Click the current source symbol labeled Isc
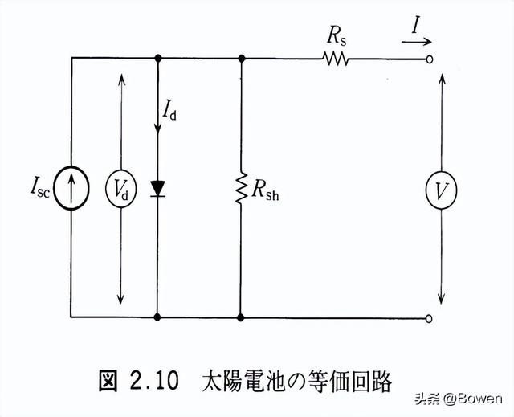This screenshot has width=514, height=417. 72,190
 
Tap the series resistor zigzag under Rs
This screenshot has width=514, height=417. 336,58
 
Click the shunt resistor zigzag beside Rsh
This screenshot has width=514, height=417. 241,190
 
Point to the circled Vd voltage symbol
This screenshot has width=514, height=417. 121,190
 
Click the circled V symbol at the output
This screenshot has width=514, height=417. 442,190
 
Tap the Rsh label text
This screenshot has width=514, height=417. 268,190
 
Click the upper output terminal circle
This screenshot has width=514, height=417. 430,59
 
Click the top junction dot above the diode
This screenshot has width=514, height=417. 157,58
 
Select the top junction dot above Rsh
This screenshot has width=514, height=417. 241,58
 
